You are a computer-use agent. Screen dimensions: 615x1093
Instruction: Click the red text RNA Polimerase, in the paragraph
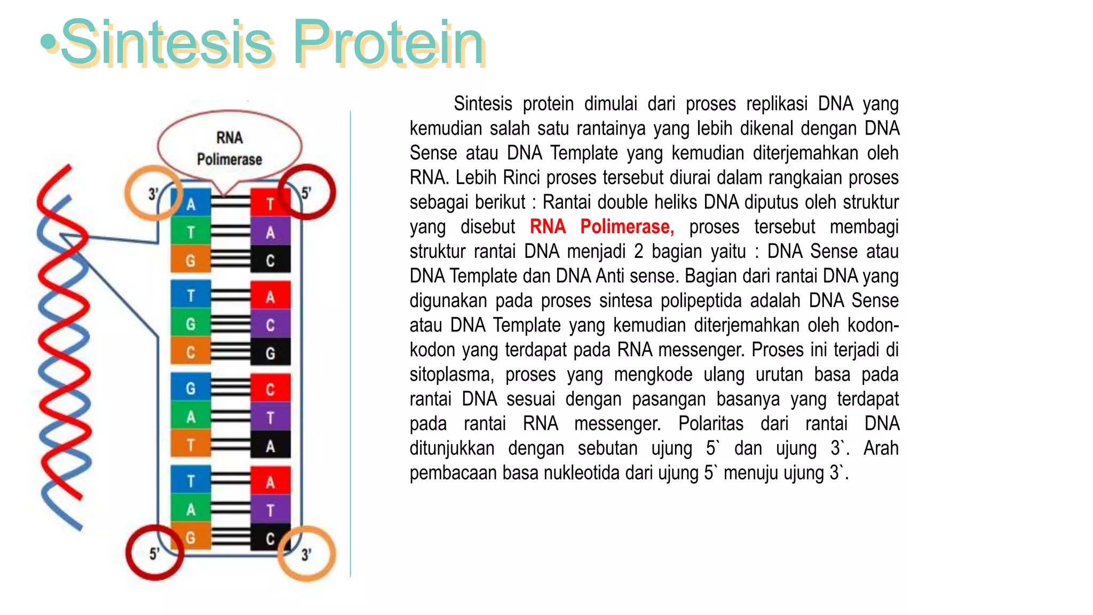coord(601,227)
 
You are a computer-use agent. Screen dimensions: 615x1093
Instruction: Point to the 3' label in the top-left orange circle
coord(153,194)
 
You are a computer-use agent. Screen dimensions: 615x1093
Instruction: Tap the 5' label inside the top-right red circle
coord(306,193)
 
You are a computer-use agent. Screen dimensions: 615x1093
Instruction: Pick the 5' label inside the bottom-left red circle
coord(154,554)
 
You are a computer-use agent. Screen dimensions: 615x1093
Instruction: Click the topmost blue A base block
coord(191,204)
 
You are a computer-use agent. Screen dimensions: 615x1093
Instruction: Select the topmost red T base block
coord(271,204)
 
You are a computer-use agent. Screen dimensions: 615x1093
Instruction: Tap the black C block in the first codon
coord(271,261)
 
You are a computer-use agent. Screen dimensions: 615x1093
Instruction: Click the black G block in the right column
coord(271,353)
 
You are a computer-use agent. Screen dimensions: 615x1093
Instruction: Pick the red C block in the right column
coord(271,389)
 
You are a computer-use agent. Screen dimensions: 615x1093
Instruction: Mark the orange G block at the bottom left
coord(191,538)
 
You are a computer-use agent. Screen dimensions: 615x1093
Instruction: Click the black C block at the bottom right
coord(271,538)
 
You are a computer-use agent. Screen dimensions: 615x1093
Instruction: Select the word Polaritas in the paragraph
coord(710,424)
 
